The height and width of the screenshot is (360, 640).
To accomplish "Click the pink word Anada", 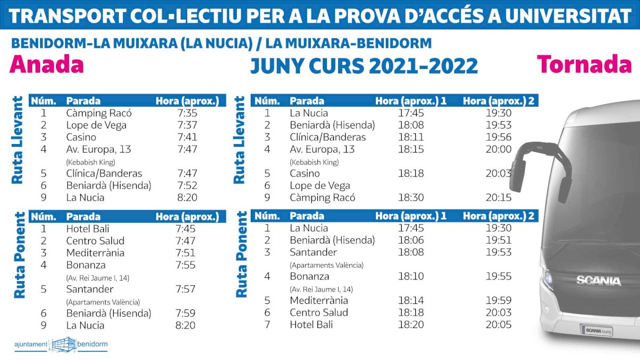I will pos(47,65).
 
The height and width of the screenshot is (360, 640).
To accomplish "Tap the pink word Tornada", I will pos(585,65).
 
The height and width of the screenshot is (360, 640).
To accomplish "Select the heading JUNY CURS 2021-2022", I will pos(364,66).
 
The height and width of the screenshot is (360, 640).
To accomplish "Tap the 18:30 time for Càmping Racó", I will pos(411,198).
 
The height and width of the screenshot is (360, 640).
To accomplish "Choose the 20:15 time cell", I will pos(498,198).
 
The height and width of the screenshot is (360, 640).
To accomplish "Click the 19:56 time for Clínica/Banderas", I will pos(498,137).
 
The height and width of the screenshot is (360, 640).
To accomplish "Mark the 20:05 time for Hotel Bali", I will pos(498,324).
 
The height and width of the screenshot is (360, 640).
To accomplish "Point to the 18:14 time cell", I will pos(411,300).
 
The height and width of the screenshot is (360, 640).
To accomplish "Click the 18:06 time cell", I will pos(411,240).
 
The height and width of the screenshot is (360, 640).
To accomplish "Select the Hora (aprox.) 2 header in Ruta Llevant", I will pos(498,101).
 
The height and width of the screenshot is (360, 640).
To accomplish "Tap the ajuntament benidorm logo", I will pos(61,344).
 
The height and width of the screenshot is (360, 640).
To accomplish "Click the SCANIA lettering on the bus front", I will pos(598,281).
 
